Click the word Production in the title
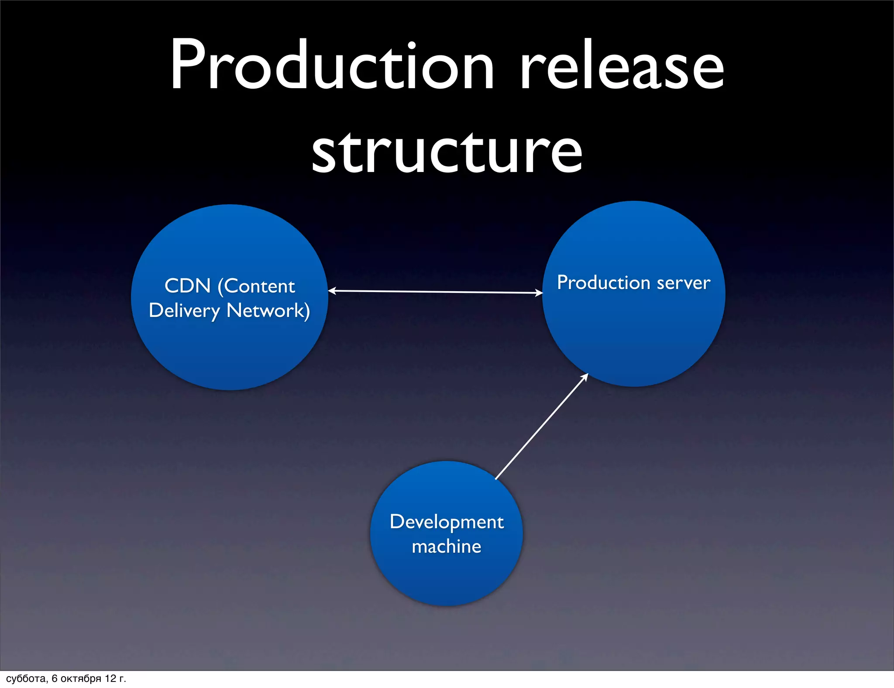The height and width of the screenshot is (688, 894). tap(332, 65)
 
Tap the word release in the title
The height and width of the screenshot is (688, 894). tap(622, 65)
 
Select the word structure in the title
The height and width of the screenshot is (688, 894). tap(447, 151)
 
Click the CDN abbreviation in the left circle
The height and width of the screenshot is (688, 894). tap(188, 286)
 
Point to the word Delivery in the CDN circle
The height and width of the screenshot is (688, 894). tap(184, 311)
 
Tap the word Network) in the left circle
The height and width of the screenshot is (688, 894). tap(268, 311)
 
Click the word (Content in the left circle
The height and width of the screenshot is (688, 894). tap(256, 286)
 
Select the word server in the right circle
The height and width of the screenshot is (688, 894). tap(684, 283)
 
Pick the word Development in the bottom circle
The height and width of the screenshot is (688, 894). tap(447, 522)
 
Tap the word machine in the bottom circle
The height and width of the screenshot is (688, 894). tap(447, 547)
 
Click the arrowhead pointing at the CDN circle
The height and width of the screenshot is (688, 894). tap(331, 291)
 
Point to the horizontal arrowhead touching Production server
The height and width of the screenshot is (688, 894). tap(539, 293)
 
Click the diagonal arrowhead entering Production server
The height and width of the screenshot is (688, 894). tap(585, 376)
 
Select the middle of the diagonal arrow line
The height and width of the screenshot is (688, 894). tap(541, 427)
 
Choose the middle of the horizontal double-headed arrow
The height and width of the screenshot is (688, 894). tap(435, 292)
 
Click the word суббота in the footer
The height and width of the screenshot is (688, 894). tap(26, 678)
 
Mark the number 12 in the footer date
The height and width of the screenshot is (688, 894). tap(110, 678)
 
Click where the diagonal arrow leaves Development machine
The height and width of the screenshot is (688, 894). tap(496, 478)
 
